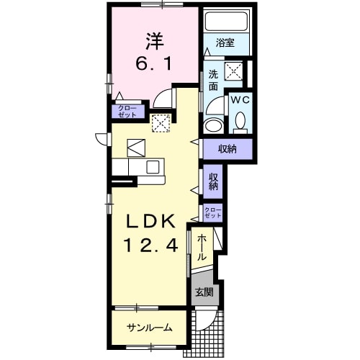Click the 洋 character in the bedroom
point(153,41)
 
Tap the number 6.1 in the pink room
point(153,64)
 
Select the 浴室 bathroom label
point(225,42)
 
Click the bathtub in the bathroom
point(227,21)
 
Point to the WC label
point(240,100)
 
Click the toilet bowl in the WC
point(240,121)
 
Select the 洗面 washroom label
point(213,80)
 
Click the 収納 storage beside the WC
point(228,149)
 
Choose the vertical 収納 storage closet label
point(213,181)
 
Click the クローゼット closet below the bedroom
point(127,112)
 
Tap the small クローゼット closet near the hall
point(213,212)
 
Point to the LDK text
point(150,221)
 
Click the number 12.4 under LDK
point(150,245)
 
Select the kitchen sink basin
point(153,167)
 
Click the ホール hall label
point(202,248)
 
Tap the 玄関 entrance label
point(204,292)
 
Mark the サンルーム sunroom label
point(149,328)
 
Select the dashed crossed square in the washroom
point(234,71)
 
